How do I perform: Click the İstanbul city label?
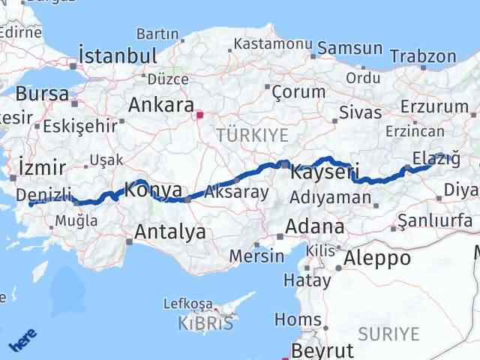(118, 56)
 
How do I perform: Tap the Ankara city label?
(161, 105)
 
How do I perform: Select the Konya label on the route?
(153, 190)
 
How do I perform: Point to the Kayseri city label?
(321, 172)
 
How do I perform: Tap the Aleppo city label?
(377, 258)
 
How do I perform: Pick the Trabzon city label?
(423, 56)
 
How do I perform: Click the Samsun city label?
(349, 49)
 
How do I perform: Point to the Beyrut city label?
(322, 350)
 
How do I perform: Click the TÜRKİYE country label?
(241, 135)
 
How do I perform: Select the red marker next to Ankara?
(199, 115)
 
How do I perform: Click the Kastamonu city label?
(272, 44)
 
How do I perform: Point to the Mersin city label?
(257, 255)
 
